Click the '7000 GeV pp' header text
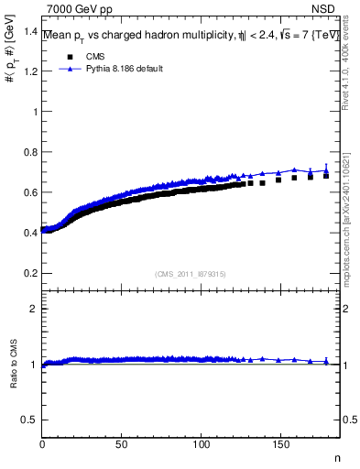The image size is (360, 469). coord(80,9)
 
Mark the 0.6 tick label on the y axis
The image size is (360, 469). coord(30,192)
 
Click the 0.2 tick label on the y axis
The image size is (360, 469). coord(30,273)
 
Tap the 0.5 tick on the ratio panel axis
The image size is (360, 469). coord(30,420)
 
